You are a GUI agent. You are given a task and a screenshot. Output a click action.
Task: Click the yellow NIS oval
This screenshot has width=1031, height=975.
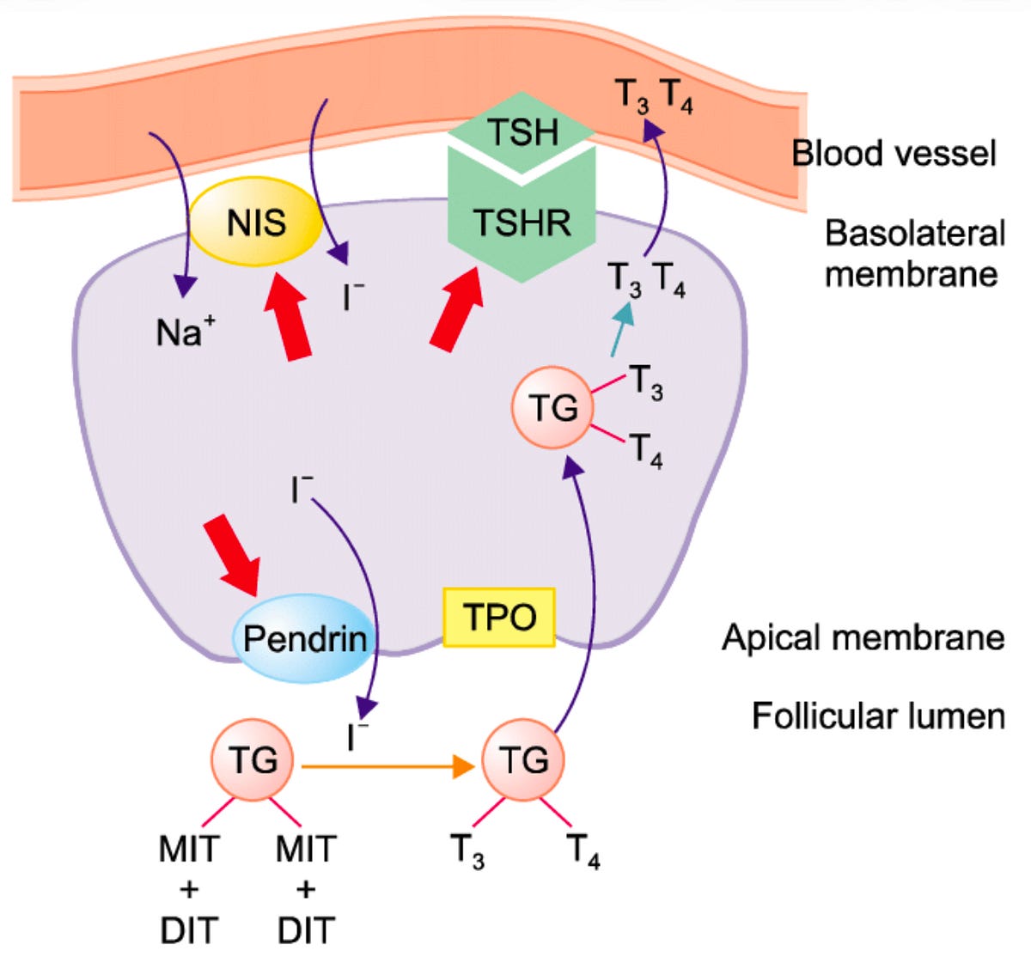pyautogui.click(x=255, y=222)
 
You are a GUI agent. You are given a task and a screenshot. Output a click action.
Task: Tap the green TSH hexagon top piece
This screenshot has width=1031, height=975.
pyautogui.click(x=522, y=131)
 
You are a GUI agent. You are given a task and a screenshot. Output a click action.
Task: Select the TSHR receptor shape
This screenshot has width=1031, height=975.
pyautogui.click(x=522, y=220)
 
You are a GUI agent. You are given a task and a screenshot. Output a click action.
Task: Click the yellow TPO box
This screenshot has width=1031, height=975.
pyautogui.click(x=498, y=618)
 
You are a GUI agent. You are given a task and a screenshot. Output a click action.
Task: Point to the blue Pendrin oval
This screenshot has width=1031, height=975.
pyautogui.click(x=304, y=638)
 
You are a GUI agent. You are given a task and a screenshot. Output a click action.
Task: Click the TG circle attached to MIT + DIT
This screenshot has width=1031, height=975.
pyautogui.click(x=253, y=759)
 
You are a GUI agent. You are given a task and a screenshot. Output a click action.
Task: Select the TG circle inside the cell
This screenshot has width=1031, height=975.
pyautogui.click(x=552, y=407)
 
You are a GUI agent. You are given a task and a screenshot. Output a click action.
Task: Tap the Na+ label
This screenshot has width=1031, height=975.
pyautogui.click(x=186, y=332)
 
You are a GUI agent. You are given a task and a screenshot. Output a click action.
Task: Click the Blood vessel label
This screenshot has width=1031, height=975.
pyautogui.click(x=893, y=153)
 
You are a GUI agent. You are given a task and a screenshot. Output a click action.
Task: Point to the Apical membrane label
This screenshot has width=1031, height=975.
pyautogui.click(x=863, y=637)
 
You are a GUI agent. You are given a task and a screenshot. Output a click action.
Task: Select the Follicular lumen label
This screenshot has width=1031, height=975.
pyautogui.click(x=878, y=716)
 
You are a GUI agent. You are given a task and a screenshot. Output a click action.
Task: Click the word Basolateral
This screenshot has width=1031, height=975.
pyautogui.click(x=915, y=233)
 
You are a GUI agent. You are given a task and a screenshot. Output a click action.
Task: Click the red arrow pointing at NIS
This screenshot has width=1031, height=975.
pyautogui.click(x=286, y=315)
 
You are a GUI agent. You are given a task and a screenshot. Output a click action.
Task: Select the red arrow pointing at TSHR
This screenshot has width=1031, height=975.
pyautogui.click(x=456, y=309)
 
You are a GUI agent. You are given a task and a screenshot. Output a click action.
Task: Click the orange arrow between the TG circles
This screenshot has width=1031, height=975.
pyautogui.click(x=388, y=767)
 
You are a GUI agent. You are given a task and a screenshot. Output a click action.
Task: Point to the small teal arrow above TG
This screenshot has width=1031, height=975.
pyautogui.click(x=622, y=330)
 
